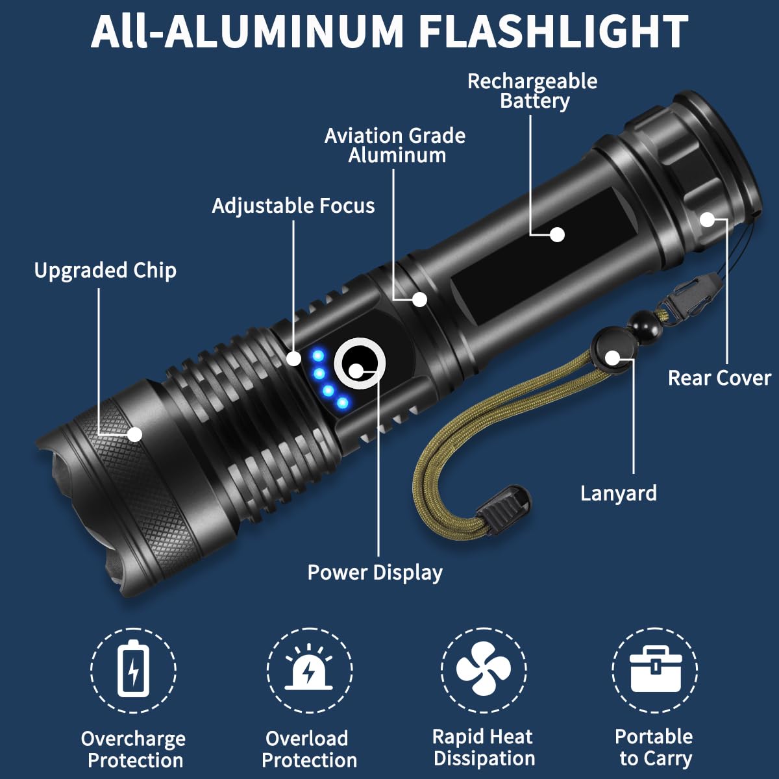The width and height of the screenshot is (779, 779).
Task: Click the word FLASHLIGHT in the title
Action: (553, 31)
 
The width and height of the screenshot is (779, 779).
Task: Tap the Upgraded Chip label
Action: (105, 270)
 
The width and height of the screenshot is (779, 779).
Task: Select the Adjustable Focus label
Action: (293, 206)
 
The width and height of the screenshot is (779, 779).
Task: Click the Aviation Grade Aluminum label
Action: (395, 145)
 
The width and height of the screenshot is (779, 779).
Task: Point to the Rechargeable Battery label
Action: (532, 91)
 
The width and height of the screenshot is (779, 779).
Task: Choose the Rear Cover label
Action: (719, 378)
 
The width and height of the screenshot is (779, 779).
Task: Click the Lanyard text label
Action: (618, 493)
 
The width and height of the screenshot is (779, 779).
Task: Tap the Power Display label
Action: (375, 573)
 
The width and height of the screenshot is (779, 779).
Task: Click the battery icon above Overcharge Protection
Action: (133, 669)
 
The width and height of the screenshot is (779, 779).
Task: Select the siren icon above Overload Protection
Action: (310, 669)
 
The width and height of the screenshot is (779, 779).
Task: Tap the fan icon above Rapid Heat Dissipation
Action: (484, 669)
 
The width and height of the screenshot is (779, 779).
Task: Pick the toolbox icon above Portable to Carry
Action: (655, 669)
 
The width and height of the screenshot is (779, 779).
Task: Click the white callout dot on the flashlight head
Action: (135, 434)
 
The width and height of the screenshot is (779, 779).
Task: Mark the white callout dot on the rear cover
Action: (707, 219)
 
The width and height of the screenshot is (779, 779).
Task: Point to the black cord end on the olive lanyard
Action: (506, 505)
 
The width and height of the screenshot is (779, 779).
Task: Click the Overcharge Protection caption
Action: (134, 749)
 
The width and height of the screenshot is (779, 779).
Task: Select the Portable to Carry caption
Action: (654, 747)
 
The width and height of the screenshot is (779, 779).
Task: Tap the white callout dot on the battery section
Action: (557, 234)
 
